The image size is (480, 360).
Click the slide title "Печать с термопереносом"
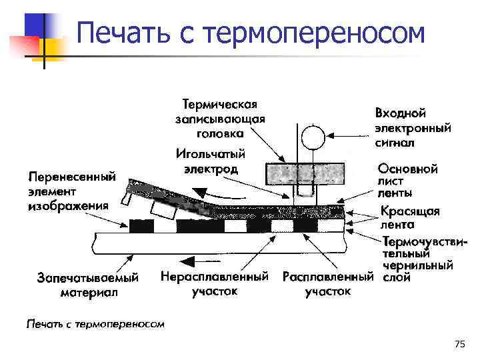click(249, 33)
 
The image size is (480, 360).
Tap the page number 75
click(459, 344)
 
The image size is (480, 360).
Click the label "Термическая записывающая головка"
click(220, 119)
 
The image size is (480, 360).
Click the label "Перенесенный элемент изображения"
click(72, 191)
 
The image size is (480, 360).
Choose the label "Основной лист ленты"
click(407, 181)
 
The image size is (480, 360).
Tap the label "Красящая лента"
click(410, 218)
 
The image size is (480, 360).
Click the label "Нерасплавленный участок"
click(214, 283)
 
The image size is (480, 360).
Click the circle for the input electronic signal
click(311, 139)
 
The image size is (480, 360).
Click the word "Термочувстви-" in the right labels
click(425, 241)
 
